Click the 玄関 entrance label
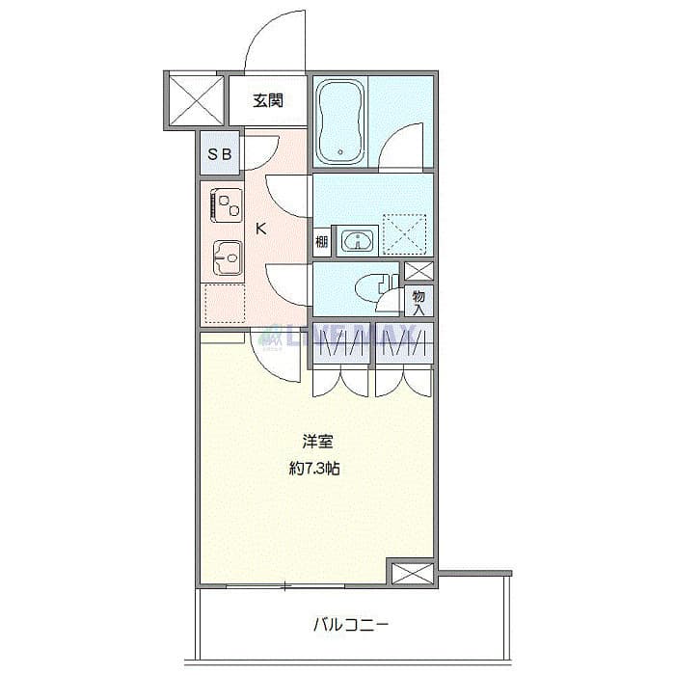pos(268,99)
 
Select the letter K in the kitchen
pos(261,229)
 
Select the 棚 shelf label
pos(322,241)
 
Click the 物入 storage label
pos(419,302)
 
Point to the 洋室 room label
pos(317,443)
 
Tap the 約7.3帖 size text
pos(316,471)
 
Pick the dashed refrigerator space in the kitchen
pos(224,302)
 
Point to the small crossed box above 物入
pos(418,271)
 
